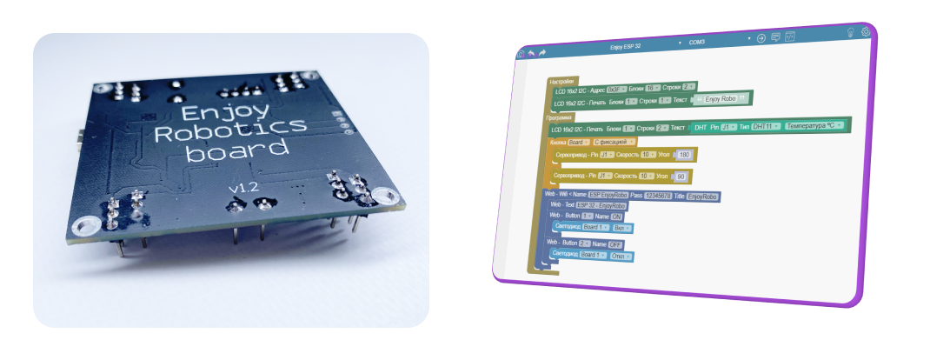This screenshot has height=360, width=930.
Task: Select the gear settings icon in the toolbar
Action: click(x=866, y=32)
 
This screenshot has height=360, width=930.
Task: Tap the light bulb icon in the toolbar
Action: click(x=850, y=32)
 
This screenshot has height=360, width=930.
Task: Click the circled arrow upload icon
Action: click(x=761, y=38)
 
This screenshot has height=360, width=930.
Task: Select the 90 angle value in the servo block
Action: click(x=681, y=176)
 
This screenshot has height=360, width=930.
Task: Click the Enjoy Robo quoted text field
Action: click(x=721, y=99)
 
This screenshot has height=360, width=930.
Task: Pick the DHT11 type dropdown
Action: click(x=765, y=126)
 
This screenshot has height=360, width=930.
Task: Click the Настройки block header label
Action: click(x=562, y=82)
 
